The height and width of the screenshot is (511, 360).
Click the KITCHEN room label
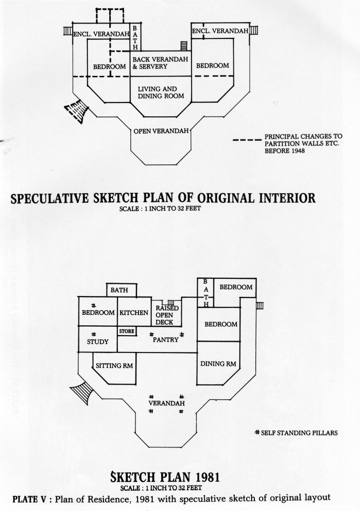point(134,313)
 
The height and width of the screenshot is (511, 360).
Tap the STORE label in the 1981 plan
point(127,331)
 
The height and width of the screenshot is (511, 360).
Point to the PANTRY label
point(166,339)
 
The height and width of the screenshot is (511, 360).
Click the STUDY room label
point(98,342)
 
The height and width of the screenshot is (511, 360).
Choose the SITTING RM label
point(114,366)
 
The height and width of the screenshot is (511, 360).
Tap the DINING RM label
point(218,364)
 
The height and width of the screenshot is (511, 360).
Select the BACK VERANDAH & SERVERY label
point(160,63)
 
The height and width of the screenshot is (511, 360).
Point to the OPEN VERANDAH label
point(161,131)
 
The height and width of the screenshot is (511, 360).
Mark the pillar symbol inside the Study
point(94,334)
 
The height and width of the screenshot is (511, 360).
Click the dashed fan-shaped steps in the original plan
point(77,111)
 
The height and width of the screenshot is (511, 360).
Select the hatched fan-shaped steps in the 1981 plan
point(83,392)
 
